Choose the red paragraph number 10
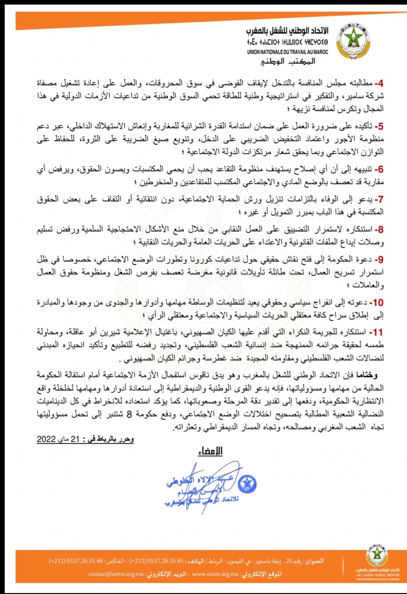click(377, 303)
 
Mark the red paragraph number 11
click(377, 333)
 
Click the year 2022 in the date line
click(46, 439)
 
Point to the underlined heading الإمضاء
click(210, 451)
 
